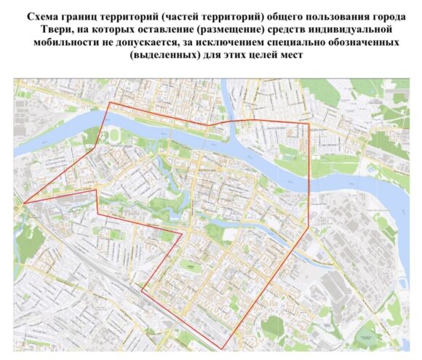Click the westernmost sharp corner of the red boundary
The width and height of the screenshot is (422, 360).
coord(23,203)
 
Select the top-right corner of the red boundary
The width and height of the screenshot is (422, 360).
coord(308,122)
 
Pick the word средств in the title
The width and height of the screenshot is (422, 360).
coord(287,28)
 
